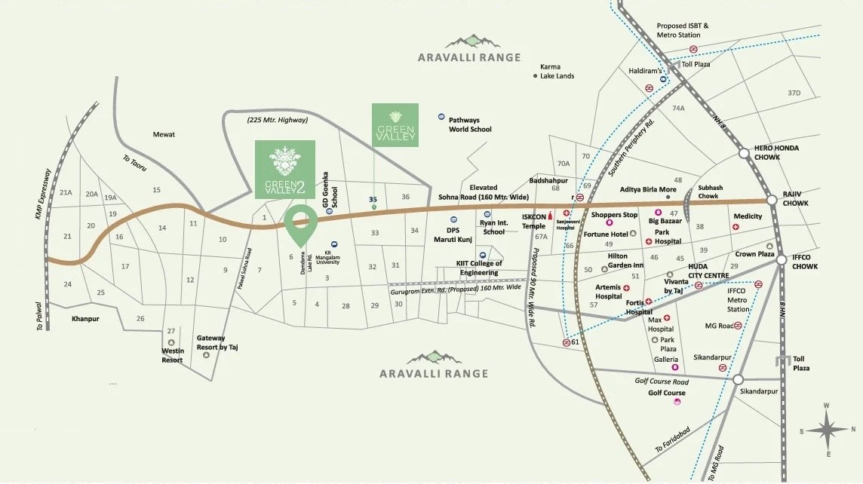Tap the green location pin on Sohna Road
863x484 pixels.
(x=301, y=224)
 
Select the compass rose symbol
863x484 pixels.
(x=827, y=430)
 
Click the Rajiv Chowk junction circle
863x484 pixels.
(x=772, y=201)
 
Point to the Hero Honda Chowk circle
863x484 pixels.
(x=745, y=153)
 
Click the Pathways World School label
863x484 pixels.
(x=470, y=124)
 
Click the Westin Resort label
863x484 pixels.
(x=172, y=355)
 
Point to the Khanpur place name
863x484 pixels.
(x=85, y=319)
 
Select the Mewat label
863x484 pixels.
(x=164, y=134)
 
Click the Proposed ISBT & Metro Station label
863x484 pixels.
(x=683, y=30)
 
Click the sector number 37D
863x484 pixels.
(x=793, y=93)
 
